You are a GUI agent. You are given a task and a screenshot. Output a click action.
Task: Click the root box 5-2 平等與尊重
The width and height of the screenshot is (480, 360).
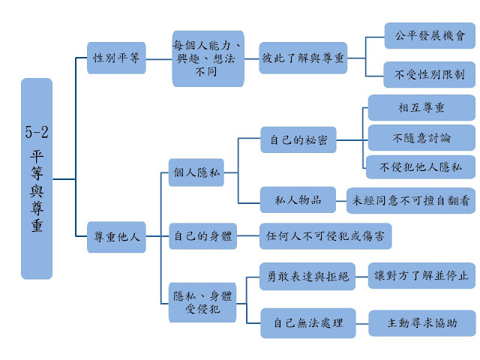(x=37, y=178)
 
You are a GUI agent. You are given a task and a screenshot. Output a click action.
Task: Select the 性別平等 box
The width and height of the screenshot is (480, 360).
(x=116, y=58)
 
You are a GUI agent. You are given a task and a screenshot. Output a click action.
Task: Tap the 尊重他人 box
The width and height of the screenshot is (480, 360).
(x=116, y=236)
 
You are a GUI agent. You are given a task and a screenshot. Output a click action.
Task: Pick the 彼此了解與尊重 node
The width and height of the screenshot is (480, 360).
(x=304, y=58)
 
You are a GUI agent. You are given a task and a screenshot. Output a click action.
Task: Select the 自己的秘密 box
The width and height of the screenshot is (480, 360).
(x=298, y=139)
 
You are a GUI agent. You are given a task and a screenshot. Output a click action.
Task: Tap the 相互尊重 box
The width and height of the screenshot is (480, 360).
(x=421, y=109)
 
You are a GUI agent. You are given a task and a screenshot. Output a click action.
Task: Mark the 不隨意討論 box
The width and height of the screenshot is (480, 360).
(x=421, y=138)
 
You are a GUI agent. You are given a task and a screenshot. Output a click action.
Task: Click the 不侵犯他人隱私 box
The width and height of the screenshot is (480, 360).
(x=421, y=167)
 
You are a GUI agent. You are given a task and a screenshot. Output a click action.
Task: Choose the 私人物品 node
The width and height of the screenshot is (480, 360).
(x=298, y=200)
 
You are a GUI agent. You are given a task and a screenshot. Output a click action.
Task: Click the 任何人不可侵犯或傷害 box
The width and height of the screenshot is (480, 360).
(x=325, y=236)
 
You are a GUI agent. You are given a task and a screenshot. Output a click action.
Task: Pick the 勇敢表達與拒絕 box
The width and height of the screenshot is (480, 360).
(x=308, y=276)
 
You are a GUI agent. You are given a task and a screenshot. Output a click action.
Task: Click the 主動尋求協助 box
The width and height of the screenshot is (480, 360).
(x=421, y=323)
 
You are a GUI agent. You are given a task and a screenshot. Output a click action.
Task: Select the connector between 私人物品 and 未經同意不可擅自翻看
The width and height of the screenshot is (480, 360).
(x=340, y=200)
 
